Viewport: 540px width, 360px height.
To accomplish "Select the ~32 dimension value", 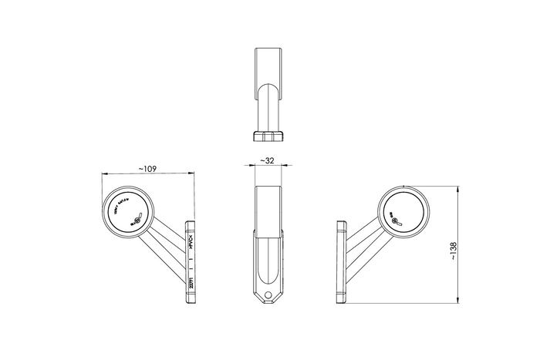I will point(268,161).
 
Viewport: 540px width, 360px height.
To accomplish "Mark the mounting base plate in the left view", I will point(190,262).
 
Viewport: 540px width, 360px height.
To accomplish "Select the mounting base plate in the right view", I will point(343,262).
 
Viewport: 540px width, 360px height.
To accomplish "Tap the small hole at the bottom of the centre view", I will point(268,294).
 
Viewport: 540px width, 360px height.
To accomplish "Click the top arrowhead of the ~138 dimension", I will point(459,188).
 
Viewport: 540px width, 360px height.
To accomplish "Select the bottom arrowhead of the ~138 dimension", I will point(459,301).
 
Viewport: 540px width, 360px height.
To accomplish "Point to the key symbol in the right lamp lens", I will point(395,220).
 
